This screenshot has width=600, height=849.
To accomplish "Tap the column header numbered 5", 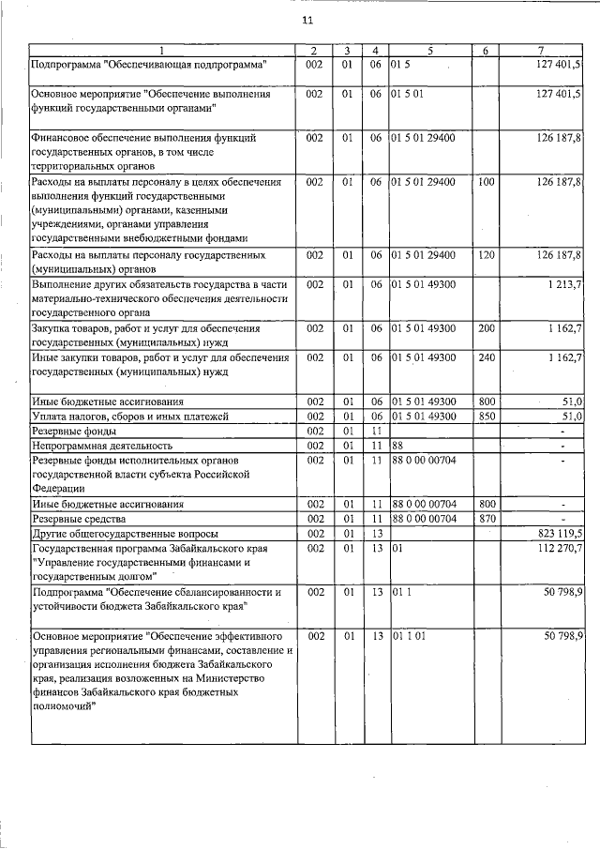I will point(430,51).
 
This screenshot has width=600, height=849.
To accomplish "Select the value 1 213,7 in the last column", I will point(564,284).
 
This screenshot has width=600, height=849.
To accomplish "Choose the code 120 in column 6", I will point(486,255).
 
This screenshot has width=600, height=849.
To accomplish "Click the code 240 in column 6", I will point(486,357).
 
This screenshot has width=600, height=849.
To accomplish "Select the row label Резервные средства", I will point(79,518).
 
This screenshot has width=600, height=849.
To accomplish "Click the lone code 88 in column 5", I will point(397,446).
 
